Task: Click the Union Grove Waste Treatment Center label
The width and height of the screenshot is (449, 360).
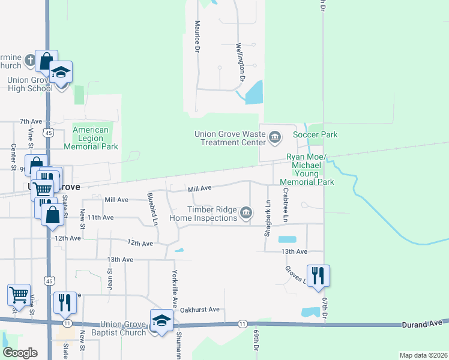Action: coord(229,138)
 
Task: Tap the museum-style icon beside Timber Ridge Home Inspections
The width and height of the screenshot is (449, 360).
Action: coord(246,213)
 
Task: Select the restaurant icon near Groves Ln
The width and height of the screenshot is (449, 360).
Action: coord(318,276)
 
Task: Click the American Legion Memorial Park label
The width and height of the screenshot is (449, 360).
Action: coord(91,138)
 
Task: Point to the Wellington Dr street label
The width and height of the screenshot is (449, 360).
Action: coord(241,62)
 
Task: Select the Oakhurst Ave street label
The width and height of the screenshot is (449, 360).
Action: coord(200,310)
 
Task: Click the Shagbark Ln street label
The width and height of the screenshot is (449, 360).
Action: coord(268,217)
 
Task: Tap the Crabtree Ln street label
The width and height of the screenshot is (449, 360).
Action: coord(286,205)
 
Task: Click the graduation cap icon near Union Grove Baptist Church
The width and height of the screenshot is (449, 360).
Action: coord(161,321)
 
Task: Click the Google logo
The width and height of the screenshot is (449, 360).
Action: coord(20,353)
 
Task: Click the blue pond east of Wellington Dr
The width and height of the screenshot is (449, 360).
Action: coord(255,92)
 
